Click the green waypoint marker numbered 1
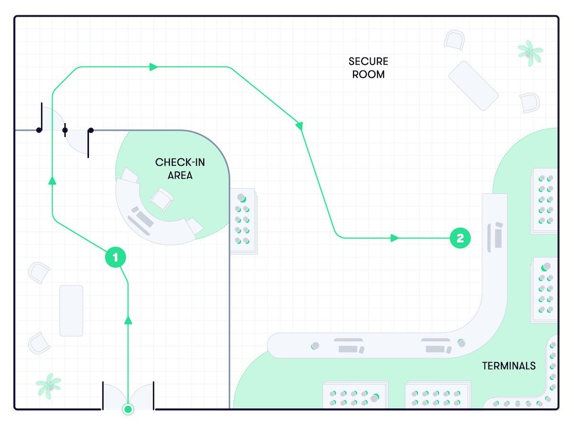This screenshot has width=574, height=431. tap(115, 258)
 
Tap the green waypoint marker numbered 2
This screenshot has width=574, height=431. tap(460, 238)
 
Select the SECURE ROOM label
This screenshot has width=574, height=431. tap(368, 68)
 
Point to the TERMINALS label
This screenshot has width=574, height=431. tap(508, 366)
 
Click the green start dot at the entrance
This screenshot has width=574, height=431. tap(128, 409)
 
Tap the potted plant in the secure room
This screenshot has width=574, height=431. tap(530, 51)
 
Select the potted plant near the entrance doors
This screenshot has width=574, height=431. tap(49, 386)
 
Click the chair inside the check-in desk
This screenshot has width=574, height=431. tap(161, 198)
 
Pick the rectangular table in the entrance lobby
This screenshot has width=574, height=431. tap(71, 310)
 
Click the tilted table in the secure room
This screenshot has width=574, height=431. tap(473, 85)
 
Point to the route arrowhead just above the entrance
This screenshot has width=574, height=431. tap(128, 320)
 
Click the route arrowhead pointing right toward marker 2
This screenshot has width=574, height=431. tap(395, 238)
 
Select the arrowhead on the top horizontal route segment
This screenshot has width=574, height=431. tap(154, 67)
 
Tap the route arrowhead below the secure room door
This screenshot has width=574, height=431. tap(53, 180)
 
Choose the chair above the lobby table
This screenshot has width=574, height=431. tap(39, 272)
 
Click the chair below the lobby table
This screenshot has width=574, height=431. tap(39, 343)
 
